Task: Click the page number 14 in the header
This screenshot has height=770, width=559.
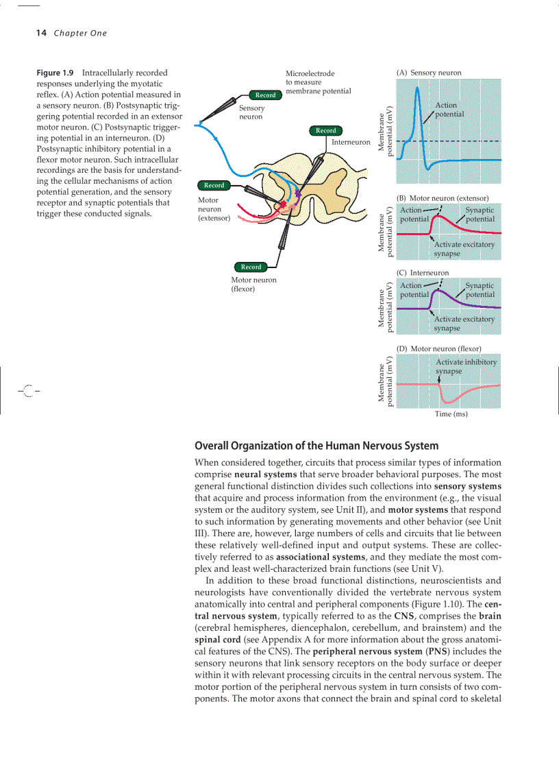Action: tap(40, 33)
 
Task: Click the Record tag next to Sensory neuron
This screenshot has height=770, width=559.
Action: tap(265, 95)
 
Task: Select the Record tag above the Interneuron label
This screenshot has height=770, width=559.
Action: tap(326, 130)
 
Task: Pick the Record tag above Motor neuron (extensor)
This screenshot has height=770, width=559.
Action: tap(214, 185)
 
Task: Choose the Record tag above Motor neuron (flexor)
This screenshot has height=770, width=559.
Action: tap(251, 267)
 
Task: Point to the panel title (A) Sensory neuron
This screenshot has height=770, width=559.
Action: tap(429, 73)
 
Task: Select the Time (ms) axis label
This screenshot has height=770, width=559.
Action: tap(451, 414)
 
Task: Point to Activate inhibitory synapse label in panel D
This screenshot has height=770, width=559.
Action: tap(466, 366)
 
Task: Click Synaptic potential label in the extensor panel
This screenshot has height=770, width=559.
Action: tap(480, 215)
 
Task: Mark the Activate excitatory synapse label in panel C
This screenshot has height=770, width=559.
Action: tap(463, 324)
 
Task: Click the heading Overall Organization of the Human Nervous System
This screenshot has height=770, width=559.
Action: tap(316, 446)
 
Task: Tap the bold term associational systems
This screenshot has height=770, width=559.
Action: tap(314, 557)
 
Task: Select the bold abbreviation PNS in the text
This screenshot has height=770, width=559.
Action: tap(436, 651)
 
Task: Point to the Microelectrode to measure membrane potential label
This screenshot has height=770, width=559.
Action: tap(318, 82)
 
